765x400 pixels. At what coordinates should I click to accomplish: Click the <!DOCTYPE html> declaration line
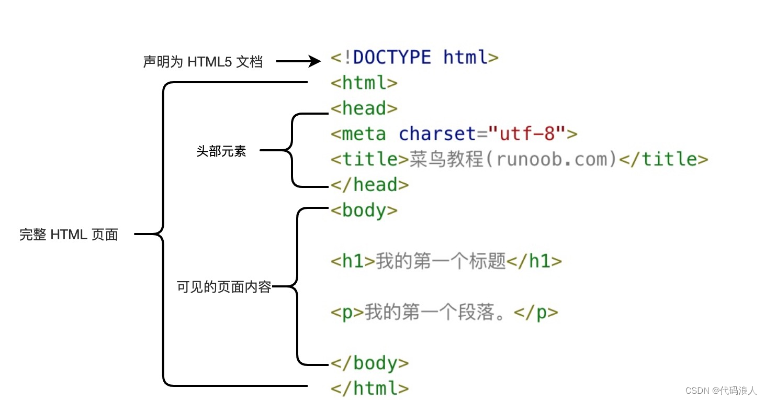point(414,58)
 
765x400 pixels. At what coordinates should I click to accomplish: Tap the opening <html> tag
point(364,83)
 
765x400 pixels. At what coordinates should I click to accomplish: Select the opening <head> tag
point(364,108)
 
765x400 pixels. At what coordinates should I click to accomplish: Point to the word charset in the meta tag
point(438,134)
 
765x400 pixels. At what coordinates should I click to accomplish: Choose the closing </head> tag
point(369,185)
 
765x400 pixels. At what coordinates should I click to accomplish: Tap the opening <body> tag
point(364,210)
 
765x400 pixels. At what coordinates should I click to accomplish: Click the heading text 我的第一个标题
point(441,261)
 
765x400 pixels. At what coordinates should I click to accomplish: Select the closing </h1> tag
point(534,261)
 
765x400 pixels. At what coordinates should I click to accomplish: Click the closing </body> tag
point(369,363)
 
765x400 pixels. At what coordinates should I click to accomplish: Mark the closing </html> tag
point(369,388)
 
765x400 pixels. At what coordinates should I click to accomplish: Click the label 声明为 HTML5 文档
point(203,62)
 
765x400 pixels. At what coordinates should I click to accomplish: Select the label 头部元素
point(221,152)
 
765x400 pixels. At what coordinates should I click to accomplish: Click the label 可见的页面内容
point(224,287)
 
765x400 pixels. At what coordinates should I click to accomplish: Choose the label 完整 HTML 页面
point(69,235)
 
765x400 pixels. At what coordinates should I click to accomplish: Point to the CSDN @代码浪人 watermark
point(721,390)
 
